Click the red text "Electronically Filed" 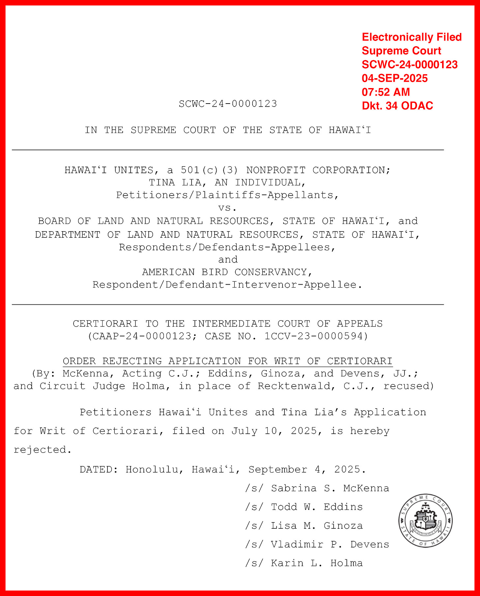pyautogui.click(x=411, y=37)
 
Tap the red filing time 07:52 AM pyautogui.click(x=386, y=92)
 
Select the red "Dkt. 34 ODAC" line pyautogui.click(x=397, y=106)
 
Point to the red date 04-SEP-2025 pyautogui.click(x=395, y=78)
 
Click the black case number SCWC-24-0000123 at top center pyautogui.click(x=228, y=104)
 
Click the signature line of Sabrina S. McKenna pyautogui.click(x=317, y=488)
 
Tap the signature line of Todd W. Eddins pyautogui.click(x=304, y=507)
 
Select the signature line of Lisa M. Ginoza pyautogui.click(x=304, y=526)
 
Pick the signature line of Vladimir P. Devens pyautogui.click(x=317, y=545)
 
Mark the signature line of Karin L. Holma pyautogui.click(x=304, y=563)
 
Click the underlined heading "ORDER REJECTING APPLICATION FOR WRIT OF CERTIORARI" pyautogui.click(x=227, y=361)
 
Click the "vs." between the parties pyautogui.click(x=227, y=208)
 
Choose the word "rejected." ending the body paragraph pyautogui.click(x=43, y=450)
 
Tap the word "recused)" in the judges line pyautogui.click(x=408, y=386)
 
